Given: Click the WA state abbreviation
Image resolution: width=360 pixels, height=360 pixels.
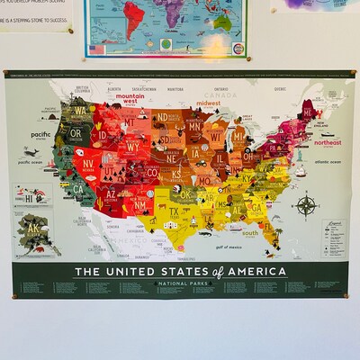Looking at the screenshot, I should (x=80, y=112).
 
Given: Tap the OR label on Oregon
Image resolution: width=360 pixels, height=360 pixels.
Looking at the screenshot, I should (x=76, y=133).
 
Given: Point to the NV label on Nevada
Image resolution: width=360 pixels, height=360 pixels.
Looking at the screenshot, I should (x=89, y=164).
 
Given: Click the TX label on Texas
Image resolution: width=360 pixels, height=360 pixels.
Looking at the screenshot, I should (x=174, y=212).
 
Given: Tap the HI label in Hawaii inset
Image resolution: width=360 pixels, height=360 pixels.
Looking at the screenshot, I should (x=30, y=197).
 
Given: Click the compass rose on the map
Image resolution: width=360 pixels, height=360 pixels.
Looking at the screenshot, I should (x=307, y=205).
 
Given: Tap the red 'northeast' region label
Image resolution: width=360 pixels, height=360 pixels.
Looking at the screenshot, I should (x=328, y=142).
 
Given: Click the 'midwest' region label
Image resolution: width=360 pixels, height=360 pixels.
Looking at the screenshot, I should (x=210, y=103).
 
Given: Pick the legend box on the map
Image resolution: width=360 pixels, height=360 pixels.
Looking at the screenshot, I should (x=333, y=238).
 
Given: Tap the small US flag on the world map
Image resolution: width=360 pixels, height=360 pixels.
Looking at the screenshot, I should (x=97, y=49).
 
